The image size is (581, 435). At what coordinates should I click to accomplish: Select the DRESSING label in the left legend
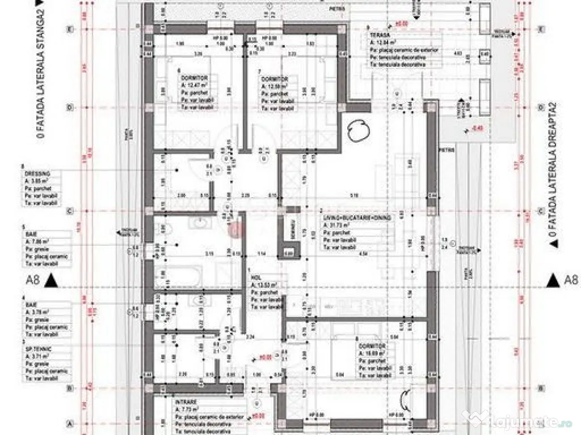click(x=34, y=174)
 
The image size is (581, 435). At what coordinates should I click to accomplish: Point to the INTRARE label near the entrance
click(x=186, y=400)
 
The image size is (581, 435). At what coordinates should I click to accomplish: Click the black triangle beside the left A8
click(x=51, y=279)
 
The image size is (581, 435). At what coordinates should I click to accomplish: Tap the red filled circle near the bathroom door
click(x=234, y=228)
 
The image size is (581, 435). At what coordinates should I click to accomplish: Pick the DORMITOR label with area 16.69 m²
click(x=372, y=345)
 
